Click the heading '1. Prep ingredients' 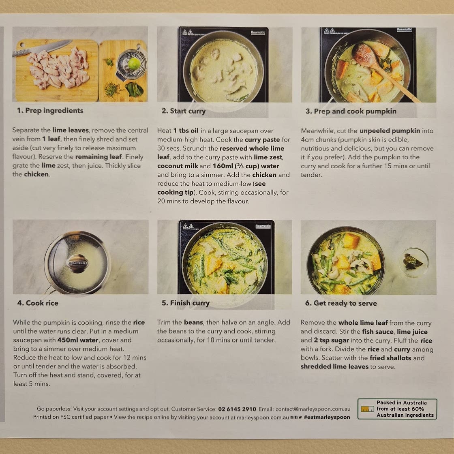coord(50,111)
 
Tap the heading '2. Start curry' coord(184,111)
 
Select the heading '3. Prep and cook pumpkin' coord(351,111)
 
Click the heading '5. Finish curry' coord(186,303)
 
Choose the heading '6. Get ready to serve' coord(341,303)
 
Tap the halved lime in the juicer coord(134,63)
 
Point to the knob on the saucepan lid coord(77,263)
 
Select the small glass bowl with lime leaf coord(413,262)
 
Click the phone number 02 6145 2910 coord(237,409)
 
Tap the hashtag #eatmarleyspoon coord(327,417)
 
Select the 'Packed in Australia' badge coord(397,409)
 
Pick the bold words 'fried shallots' coord(390,358)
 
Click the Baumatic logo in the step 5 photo coord(263,226)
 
